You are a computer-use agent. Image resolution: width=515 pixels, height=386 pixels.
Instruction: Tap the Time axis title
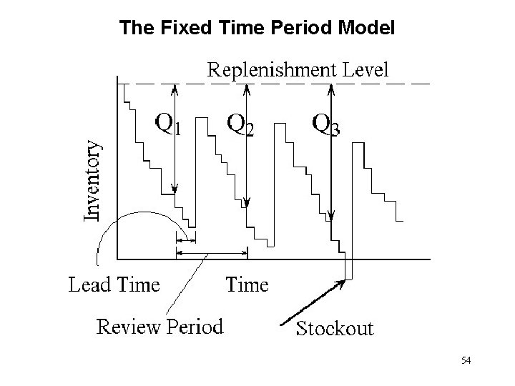(x=247, y=284)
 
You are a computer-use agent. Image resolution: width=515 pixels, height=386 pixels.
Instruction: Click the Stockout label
(x=335, y=328)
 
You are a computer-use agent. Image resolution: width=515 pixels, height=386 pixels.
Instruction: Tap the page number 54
(x=466, y=360)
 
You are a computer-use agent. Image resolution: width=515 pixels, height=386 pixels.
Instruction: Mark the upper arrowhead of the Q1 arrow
(x=175, y=89)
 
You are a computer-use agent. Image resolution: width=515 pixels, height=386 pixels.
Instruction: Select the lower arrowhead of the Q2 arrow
(x=246, y=202)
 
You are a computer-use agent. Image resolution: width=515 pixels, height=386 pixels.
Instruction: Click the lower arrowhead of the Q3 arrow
(x=330, y=212)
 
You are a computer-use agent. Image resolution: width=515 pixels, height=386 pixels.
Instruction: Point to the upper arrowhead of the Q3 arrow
(x=330, y=89)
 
